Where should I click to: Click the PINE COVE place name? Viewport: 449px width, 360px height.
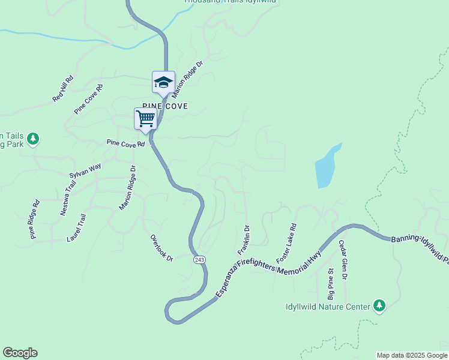pos(165,106)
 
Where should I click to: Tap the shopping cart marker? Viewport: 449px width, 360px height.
pos(145,118)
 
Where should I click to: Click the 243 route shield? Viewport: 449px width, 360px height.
pos(200,259)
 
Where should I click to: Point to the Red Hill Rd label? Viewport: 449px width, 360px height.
pos(62,88)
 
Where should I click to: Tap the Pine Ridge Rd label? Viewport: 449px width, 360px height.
pos(34,220)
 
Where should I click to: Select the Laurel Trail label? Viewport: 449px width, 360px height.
pos(77,229)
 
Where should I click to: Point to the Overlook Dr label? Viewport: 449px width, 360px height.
pos(161,248)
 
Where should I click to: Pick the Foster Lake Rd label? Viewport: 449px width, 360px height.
pos(286,244)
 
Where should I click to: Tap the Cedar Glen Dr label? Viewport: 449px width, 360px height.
pos(342,260)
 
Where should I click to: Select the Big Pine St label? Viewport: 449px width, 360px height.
pos(330,284)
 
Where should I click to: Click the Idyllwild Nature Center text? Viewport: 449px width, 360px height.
pos(328,307)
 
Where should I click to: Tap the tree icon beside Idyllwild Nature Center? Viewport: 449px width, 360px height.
pos(379,306)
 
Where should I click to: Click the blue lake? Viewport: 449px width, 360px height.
pos(326,167)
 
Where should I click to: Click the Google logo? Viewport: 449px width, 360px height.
pos(20,353)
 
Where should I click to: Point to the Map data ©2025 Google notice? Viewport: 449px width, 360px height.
pos(411,355)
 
